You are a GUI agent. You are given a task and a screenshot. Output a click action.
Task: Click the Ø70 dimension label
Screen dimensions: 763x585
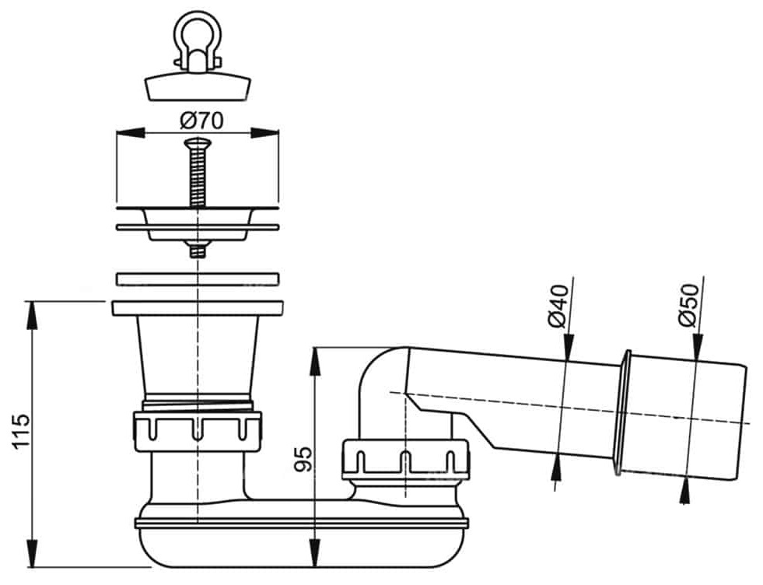[x=201, y=120]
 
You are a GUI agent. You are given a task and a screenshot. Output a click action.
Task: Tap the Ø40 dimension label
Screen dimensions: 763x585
[x=558, y=307]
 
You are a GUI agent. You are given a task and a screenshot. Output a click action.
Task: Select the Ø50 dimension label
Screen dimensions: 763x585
[x=688, y=306]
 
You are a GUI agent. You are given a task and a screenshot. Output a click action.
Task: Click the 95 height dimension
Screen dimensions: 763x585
[x=303, y=459]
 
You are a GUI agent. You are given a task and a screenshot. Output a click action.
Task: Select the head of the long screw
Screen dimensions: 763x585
[x=198, y=143]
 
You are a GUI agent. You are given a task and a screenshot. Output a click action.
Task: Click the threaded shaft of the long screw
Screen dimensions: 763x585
[x=197, y=177]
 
